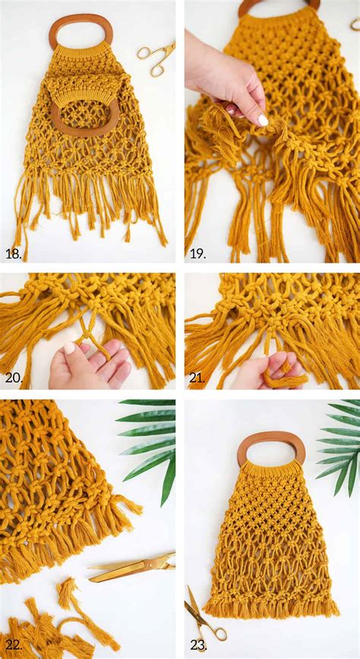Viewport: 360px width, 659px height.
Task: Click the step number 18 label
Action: click(13, 253)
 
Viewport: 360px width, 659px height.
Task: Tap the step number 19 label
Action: click(197, 253)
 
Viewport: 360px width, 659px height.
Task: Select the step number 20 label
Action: click(13, 376)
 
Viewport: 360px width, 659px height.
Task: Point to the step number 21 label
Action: click(197, 376)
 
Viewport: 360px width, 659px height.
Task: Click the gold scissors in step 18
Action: click(156, 58)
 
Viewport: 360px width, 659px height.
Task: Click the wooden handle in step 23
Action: click(271, 449)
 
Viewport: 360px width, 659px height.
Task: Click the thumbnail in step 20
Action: click(71, 348)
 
